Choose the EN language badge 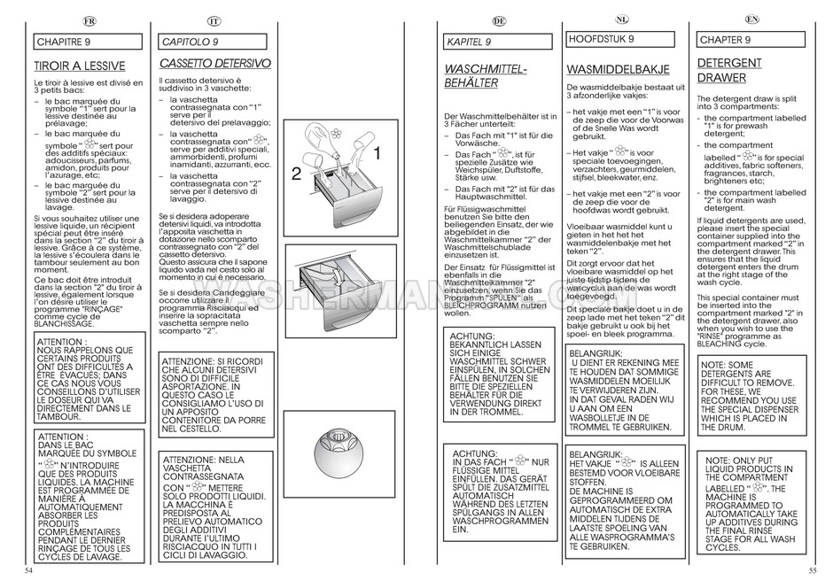[x=752, y=19]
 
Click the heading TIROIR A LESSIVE [x=79, y=66]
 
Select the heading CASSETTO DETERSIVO [x=214, y=65]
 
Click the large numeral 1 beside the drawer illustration [x=377, y=154]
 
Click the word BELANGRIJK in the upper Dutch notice [x=595, y=353]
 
